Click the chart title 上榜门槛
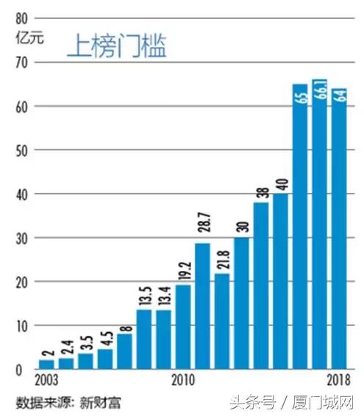(117, 46)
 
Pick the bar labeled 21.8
(222, 321)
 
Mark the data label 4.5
(105, 336)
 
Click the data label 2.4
(66, 346)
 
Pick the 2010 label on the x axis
(183, 381)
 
